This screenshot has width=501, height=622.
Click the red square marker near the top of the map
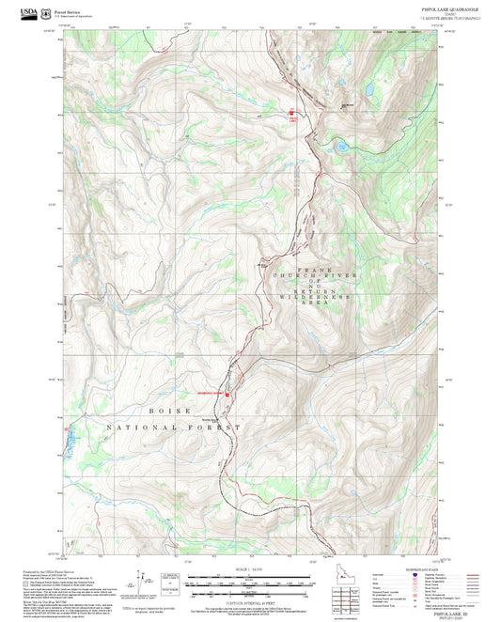click(x=290, y=114)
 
